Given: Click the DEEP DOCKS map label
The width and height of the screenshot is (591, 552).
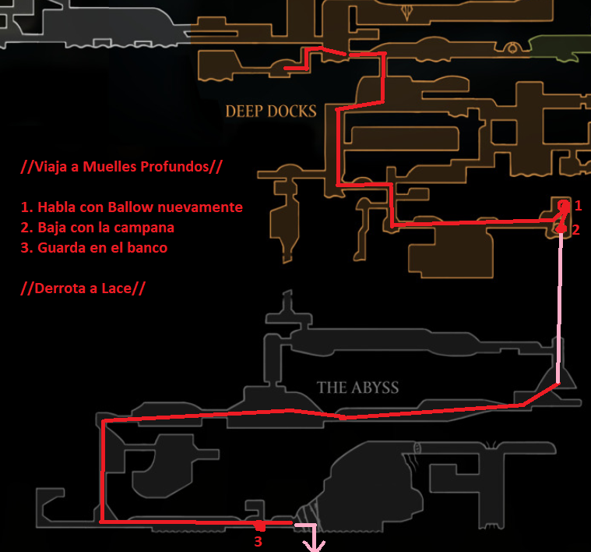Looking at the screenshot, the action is click(x=271, y=111).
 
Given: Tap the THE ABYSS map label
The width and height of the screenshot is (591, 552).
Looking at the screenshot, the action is click(x=357, y=387).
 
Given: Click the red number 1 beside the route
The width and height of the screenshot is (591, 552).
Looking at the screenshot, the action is click(x=579, y=206).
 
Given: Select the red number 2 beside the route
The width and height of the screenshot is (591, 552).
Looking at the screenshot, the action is click(x=576, y=230).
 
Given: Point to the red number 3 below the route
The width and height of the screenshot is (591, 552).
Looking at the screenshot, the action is click(x=259, y=542).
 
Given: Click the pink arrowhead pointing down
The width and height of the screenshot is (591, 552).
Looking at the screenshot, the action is click(x=314, y=546).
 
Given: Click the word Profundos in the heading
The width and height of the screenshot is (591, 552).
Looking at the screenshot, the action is click(x=174, y=166).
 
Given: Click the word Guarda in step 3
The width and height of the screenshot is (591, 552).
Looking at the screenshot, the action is click(x=61, y=248).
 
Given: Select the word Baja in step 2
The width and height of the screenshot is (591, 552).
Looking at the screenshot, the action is click(x=52, y=228).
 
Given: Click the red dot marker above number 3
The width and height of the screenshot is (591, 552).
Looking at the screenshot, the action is click(x=260, y=525).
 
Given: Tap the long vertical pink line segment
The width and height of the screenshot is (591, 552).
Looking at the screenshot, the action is click(x=560, y=308).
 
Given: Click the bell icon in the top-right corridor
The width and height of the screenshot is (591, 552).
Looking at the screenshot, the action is click(x=512, y=48).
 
